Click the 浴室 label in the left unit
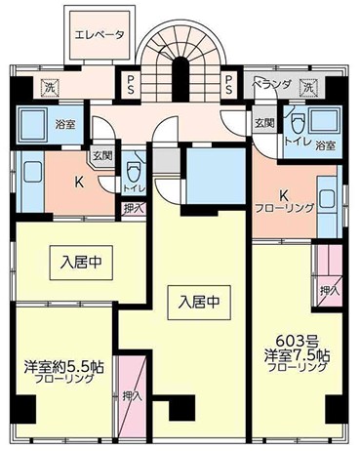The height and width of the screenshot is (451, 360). (x=67, y=126)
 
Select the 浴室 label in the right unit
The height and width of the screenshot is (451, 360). (x=326, y=145)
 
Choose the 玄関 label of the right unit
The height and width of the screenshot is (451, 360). (x=263, y=123)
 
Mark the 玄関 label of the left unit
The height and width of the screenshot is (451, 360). (x=101, y=155)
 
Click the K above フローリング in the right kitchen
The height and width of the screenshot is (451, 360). (x=283, y=193)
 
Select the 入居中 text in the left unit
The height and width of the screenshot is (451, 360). (x=78, y=262)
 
